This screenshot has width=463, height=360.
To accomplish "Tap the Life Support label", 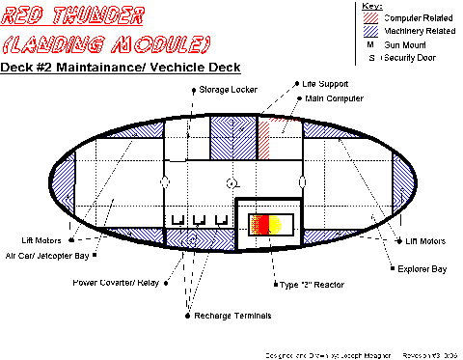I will tap(326, 85).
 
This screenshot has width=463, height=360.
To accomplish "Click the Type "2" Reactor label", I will tap(313, 285).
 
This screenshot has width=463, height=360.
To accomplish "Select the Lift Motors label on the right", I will tap(425, 240).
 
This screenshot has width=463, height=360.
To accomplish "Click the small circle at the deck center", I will tap(231, 182).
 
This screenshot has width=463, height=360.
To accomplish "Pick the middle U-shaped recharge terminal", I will tap(199, 221).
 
